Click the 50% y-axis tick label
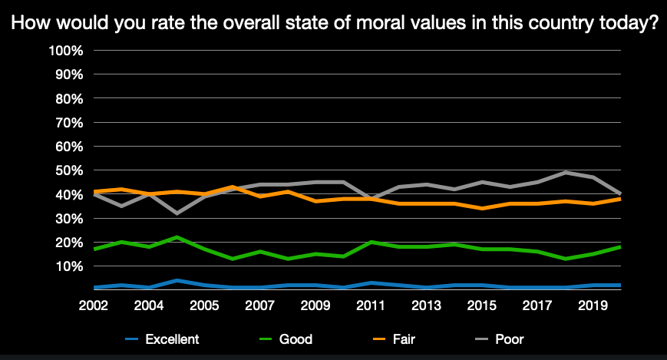[x=68, y=170]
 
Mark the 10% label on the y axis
[x=68, y=266]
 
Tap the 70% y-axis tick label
[x=68, y=123]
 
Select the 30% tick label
[x=68, y=219]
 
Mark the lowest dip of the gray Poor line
[x=177, y=213]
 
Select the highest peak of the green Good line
[x=177, y=237]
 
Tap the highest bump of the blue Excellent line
[x=177, y=280]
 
